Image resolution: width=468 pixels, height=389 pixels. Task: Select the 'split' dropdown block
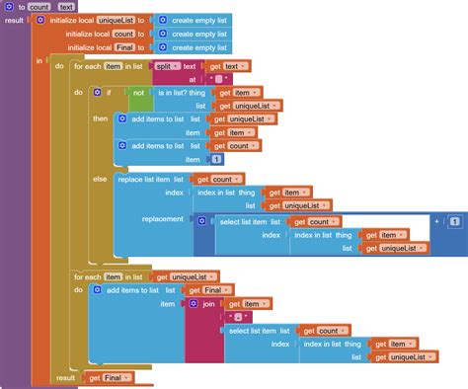165,65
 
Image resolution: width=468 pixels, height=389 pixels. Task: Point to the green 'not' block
140,92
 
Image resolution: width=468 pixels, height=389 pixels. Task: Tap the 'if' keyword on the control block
108,92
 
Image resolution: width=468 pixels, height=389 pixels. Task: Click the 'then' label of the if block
101,118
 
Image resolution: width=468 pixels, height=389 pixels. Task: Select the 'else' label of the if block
100,179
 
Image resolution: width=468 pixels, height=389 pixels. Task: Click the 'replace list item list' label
151,179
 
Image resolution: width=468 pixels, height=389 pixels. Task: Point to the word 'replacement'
162,219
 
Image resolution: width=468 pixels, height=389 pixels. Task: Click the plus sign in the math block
436,221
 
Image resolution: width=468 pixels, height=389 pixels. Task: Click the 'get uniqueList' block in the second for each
191,277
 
